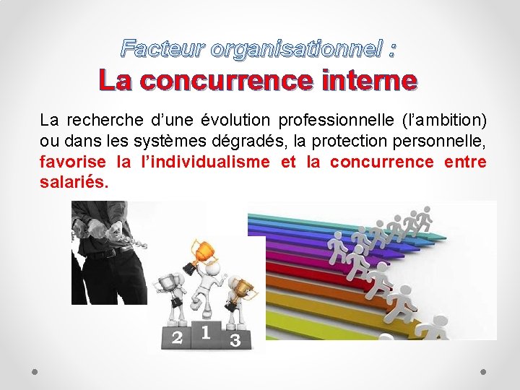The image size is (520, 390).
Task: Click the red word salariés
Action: tap(74, 183)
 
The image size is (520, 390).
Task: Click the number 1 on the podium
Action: tap(206, 333)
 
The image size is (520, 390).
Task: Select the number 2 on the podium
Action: tap(176, 338)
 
